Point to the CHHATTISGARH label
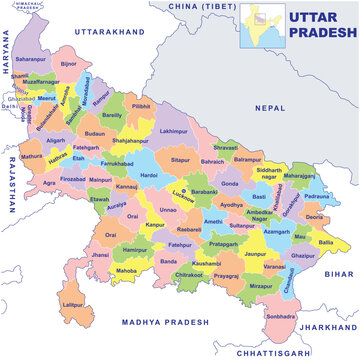tap(268, 352)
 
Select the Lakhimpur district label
tap(173, 131)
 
